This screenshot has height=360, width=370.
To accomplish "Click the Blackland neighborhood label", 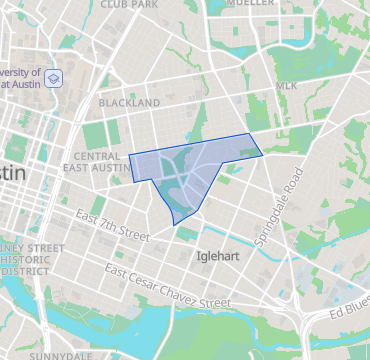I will click(x=129, y=103).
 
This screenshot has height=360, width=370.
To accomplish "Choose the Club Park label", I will click(x=129, y=5).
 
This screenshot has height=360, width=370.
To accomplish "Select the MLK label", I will click(x=287, y=87).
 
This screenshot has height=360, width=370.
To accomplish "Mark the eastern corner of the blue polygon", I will click(x=262, y=154).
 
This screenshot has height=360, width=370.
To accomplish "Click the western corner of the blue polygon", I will click(x=130, y=156).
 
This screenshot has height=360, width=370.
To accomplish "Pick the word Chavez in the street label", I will click(x=176, y=291).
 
